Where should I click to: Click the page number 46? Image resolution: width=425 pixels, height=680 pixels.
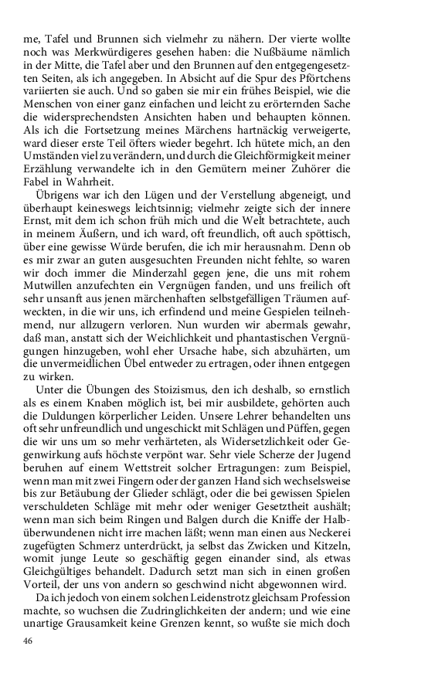(29, 641)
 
